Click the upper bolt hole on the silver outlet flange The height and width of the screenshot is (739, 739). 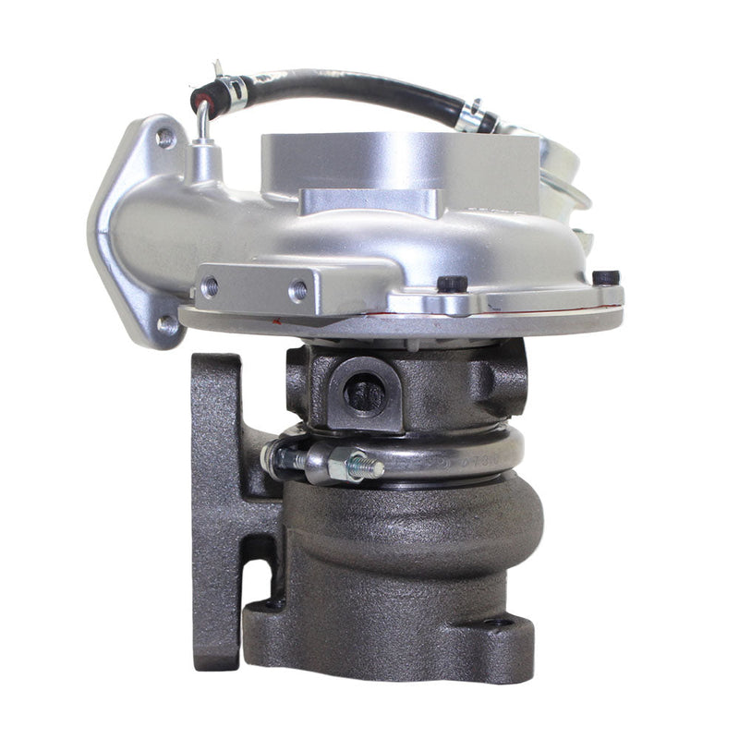pos(165,139)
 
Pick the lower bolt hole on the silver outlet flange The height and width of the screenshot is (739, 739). pos(167,324)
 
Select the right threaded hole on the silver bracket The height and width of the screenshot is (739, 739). pos(297,290)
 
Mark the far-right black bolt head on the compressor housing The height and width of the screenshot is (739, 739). pos(605,276)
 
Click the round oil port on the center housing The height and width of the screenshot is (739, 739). pos(366,394)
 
